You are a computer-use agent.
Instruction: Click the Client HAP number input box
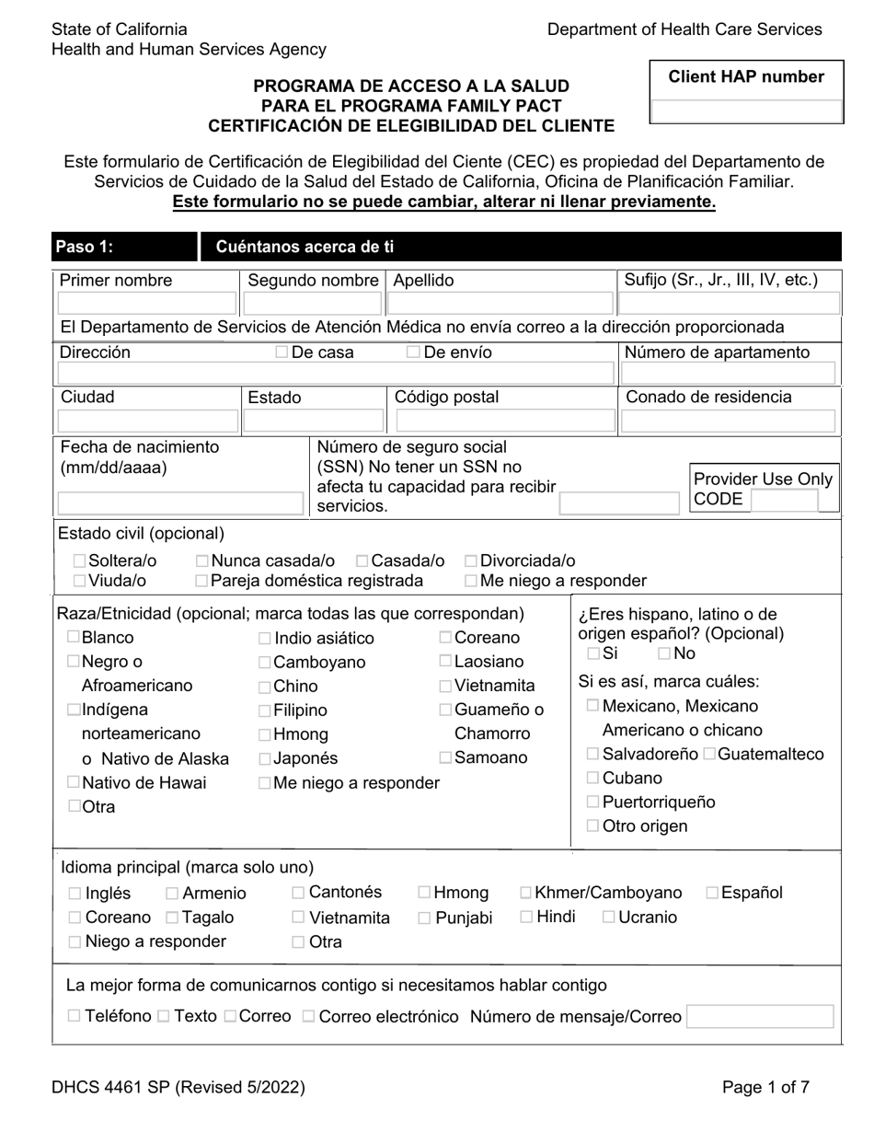(746, 111)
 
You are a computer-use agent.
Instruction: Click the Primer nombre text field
(147, 304)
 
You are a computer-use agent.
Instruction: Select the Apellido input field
(501, 304)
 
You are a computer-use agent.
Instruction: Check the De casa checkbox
(282, 352)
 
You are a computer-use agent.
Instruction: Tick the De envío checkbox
(414, 352)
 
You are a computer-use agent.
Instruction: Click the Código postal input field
(501, 421)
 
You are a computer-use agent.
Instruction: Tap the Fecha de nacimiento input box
(180, 502)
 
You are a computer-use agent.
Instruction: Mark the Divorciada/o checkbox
(471, 561)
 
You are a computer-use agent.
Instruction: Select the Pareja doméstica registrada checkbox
(201, 581)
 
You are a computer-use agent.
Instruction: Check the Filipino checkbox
(265, 710)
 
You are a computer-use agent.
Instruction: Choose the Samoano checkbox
(445, 758)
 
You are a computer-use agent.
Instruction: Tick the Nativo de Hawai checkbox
(74, 782)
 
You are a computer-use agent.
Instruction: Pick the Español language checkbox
(713, 893)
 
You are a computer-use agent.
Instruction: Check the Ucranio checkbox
(609, 917)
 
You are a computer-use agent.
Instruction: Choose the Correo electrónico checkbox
(309, 1017)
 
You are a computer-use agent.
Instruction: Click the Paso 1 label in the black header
(85, 247)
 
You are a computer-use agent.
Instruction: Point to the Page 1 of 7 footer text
(765, 1087)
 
